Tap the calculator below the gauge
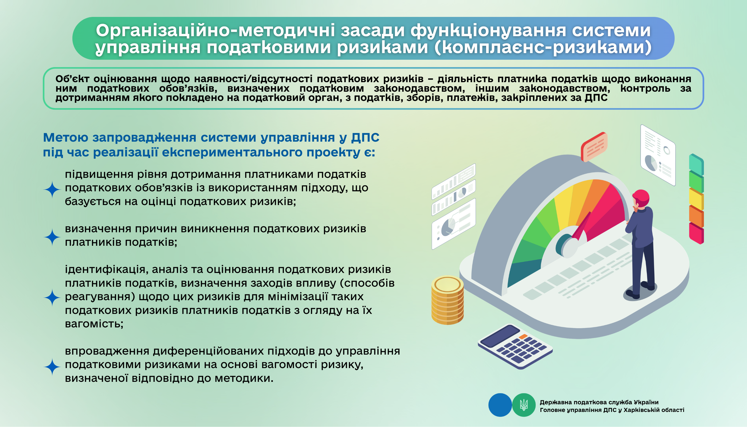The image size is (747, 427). pyautogui.click(x=515, y=346)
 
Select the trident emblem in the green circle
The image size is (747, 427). pyautogui.click(x=524, y=405)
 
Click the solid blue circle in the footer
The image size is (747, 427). pyautogui.click(x=500, y=405)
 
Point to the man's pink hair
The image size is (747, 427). pyautogui.click(x=641, y=198)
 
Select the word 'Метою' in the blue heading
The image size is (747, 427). pyautogui.click(x=66, y=137)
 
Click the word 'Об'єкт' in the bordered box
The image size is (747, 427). pyautogui.click(x=72, y=78)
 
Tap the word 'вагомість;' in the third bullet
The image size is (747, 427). pyautogui.click(x=94, y=324)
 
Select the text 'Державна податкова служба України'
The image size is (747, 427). pyautogui.click(x=599, y=402)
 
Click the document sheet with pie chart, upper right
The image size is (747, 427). pyautogui.click(x=658, y=155)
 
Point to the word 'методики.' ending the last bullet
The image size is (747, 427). pyautogui.click(x=244, y=378)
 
